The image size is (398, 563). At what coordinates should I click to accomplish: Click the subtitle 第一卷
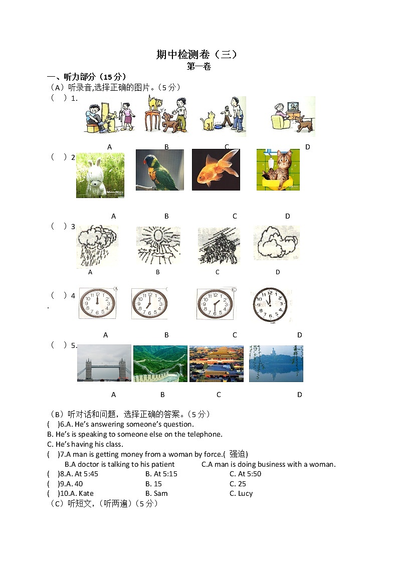tap(198, 67)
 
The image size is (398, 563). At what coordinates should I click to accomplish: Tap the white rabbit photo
tap(100, 175)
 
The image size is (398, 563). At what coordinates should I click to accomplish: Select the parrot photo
tap(159, 170)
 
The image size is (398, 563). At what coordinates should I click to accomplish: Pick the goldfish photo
tap(216, 170)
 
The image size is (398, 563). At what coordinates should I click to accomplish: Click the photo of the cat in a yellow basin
tap(278, 170)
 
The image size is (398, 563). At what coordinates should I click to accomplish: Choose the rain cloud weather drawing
tap(97, 245)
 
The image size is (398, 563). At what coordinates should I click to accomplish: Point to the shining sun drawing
tap(158, 245)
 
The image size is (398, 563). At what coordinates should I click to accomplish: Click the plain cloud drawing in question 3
tap(276, 243)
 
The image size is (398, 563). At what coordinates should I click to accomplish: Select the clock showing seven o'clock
tap(149, 303)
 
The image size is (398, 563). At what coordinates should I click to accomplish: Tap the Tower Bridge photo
tap(104, 363)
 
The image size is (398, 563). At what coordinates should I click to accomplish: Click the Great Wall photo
tap(160, 363)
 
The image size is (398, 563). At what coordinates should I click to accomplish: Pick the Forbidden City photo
tap(216, 363)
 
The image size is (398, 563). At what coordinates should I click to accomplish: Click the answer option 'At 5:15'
tap(161, 474)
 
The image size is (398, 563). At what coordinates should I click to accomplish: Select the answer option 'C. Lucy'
tap(241, 493)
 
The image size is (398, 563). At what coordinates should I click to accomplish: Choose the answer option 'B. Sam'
tap(156, 493)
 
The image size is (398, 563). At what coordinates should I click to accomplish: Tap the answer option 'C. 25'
tap(238, 484)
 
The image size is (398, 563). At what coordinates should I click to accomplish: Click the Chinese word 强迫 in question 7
tap(238, 454)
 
